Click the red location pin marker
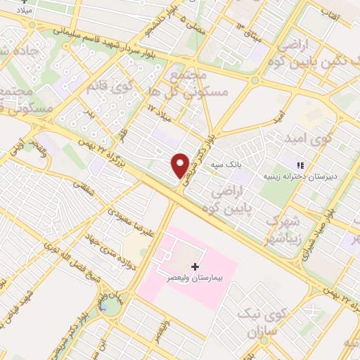click(181, 165)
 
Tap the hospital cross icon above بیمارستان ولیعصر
click(195, 266)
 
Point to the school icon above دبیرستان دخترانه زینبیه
click(300, 165)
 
